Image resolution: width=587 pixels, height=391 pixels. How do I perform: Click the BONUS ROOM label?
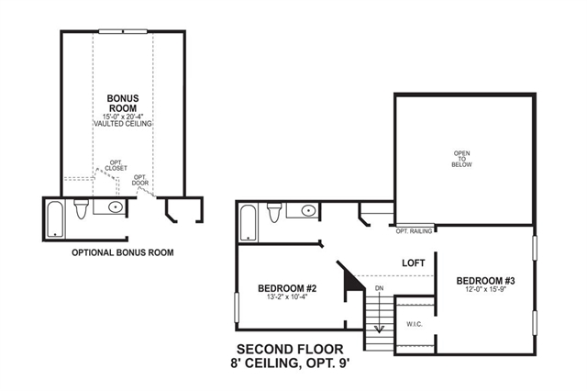(x=123, y=103)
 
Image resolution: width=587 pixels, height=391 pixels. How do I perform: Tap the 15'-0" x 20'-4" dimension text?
(x=123, y=116)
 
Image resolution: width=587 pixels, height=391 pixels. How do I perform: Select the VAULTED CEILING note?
(x=123, y=124)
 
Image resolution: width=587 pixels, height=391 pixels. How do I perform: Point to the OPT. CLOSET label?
(x=116, y=165)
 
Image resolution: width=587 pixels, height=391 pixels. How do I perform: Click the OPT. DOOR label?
(x=140, y=180)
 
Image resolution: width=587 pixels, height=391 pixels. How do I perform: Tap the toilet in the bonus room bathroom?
(x=81, y=209)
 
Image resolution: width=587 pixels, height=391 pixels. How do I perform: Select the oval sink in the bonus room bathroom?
(x=116, y=207)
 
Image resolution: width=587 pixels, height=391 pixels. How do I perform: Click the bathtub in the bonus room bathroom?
(x=56, y=219)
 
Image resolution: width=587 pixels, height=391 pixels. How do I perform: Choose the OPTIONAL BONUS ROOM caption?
(x=123, y=252)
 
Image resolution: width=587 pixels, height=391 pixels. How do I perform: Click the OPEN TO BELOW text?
(x=461, y=159)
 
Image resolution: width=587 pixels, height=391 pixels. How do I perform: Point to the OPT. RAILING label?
(x=414, y=231)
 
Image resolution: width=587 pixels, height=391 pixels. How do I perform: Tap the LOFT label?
(x=414, y=263)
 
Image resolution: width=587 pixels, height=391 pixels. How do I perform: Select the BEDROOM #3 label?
(x=485, y=281)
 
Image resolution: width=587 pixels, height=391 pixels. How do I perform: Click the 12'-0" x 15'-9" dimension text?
(x=485, y=289)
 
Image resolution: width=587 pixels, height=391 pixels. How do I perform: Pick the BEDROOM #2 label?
(x=287, y=288)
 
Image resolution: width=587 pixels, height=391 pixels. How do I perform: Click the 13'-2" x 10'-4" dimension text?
(x=287, y=297)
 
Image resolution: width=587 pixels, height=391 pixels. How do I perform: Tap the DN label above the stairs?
(x=379, y=288)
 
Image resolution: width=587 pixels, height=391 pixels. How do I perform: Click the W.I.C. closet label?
(x=415, y=324)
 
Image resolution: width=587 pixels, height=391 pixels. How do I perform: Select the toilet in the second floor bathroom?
(x=274, y=213)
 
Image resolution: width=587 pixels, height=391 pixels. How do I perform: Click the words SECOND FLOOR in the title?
(x=290, y=350)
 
